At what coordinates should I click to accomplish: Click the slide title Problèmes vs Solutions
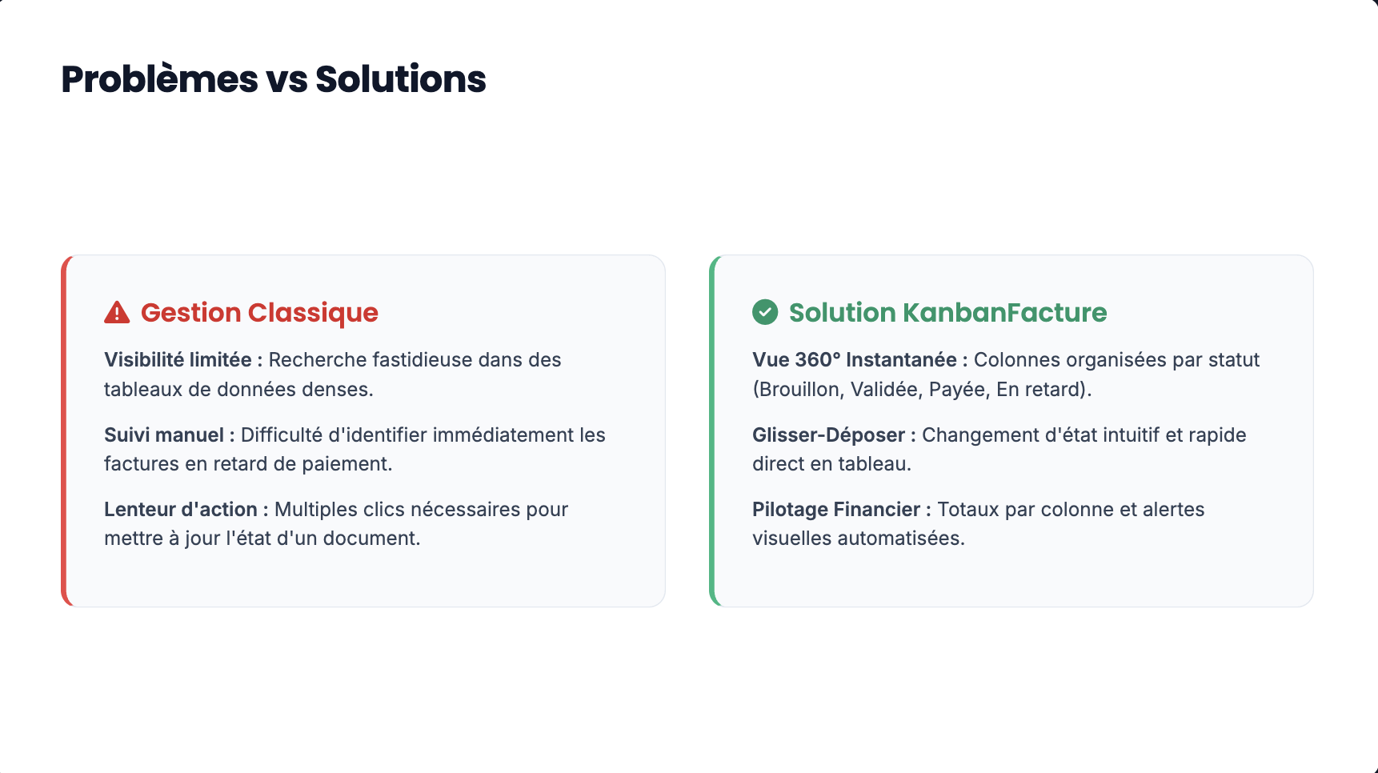point(274,79)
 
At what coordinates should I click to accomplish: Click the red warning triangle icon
point(117,312)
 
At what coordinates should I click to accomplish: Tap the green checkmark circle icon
point(765,312)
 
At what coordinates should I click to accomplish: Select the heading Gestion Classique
point(259,313)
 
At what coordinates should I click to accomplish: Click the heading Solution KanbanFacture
point(947,313)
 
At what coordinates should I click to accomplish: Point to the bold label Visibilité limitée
point(178,360)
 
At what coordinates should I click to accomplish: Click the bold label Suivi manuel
point(164,435)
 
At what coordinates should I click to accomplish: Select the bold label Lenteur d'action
point(181,509)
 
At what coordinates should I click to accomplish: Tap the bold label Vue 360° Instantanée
point(855,360)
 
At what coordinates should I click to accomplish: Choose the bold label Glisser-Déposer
point(828,435)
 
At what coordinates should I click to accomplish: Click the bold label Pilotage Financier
point(836,510)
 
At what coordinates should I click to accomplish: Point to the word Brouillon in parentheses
point(801,390)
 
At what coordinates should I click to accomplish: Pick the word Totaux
point(968,509)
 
